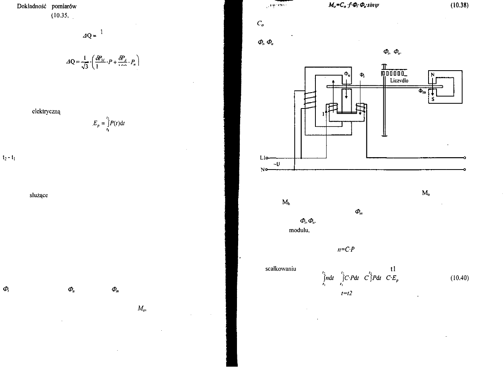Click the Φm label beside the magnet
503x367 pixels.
(x=422, y=91)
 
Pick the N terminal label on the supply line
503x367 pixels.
(x=262, y=170)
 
